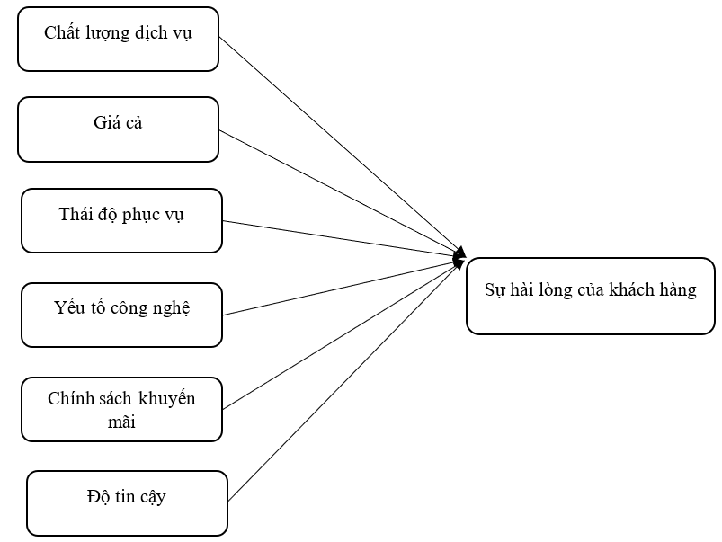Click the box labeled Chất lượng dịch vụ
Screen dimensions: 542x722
click(118, 40)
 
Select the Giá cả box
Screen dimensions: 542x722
click(118, 129)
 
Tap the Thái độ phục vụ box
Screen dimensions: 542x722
click(121, 220)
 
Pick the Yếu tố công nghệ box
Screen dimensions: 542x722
click(121, 315)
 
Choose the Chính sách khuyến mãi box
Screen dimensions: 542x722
click(121, 409)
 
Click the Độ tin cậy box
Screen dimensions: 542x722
click(127, 502)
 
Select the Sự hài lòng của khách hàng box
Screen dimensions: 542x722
click(590, 294)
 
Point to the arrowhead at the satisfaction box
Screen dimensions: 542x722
click(460, 258)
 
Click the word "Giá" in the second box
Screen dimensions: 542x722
click(104, 123)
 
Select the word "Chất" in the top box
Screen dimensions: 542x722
click(60, 33)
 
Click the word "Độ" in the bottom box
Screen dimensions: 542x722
click(98, 496)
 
